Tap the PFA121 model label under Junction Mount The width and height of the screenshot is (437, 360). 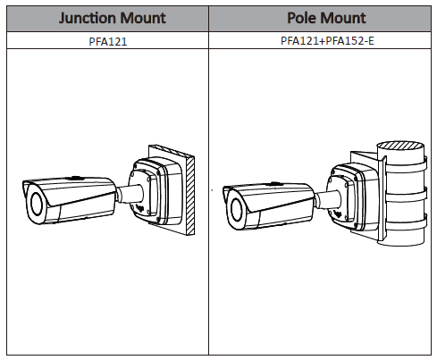pyautogui.click(x=108, y=41)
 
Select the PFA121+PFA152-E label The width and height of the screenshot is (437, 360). pyautogui.click(x=327, y=40)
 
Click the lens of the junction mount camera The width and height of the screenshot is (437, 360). pyautogui.click(x=37, y=204)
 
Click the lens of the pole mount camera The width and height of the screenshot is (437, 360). pyautogui.click(x=237, y=210)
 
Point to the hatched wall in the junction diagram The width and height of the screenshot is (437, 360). pyautogui.click(x=190, y=195)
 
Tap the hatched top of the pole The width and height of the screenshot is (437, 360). pyautogui.click(x=400, y=146)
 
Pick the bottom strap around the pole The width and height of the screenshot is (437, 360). pyautogui.click(x=405, y=222)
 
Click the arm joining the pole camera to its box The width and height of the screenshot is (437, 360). pyautogui.click(x=328, y=199)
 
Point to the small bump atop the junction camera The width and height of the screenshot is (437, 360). pyautogui.click(x=75, y=178)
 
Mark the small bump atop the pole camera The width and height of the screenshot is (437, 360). pyautogui.click(x=274, y=184)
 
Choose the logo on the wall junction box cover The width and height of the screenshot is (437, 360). pyautogui.click(x=139, y=206)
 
